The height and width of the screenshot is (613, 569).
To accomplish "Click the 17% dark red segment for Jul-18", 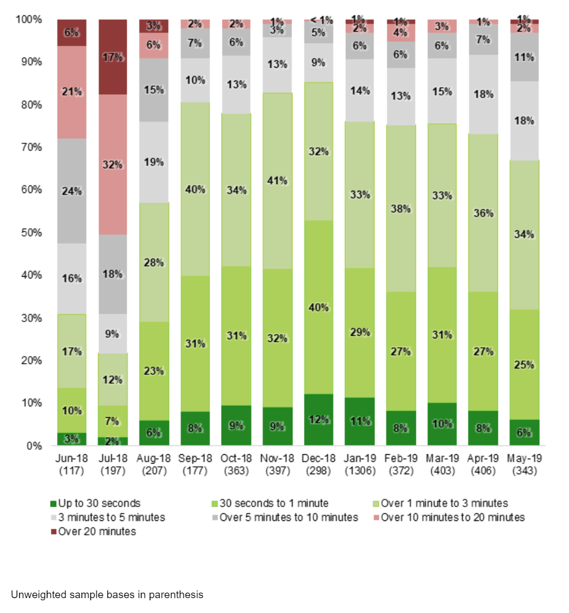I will pos(113,57).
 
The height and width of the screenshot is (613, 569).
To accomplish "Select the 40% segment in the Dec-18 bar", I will pos(318,307).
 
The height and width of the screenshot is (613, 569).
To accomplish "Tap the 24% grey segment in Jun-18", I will pos(72,191).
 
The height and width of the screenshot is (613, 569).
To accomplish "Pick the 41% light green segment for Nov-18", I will pos(278,179).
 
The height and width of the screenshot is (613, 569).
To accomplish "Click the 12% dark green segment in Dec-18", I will pos(318,420).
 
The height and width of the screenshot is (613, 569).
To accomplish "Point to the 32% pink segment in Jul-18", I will pos(113,164).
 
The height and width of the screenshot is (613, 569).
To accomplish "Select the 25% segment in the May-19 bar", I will pos(524,364).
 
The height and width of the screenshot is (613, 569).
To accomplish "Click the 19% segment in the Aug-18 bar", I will pos(154,162).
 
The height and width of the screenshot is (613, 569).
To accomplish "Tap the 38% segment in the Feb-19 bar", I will pos(401,208).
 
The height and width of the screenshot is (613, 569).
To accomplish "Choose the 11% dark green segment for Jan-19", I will pos(360,422).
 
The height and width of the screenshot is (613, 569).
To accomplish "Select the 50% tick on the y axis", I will pos(31,233).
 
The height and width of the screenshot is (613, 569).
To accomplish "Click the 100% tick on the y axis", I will pos(29,19).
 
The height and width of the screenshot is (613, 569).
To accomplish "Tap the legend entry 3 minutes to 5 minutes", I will pos(107,517).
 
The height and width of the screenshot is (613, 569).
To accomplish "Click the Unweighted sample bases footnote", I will pos(107,595).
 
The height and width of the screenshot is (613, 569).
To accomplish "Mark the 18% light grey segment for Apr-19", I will pos(483,94).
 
